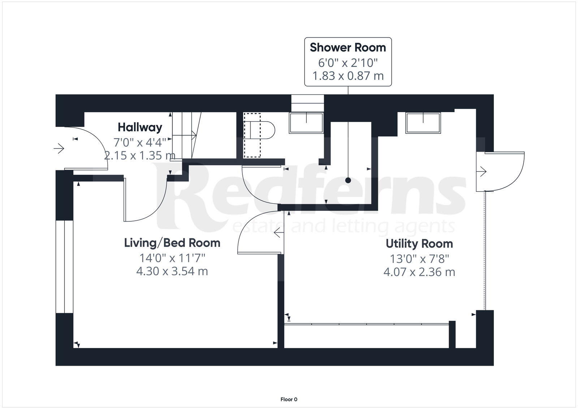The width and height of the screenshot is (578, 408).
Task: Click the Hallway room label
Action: [140, 127]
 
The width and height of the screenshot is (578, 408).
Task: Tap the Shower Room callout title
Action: [348, 47]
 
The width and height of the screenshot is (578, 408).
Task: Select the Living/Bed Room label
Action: [172, 242]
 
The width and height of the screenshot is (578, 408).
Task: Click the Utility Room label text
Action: [419, 243]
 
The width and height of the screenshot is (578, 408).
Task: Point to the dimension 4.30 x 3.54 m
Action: [172, 271]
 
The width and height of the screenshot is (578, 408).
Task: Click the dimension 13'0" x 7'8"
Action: [419, 259]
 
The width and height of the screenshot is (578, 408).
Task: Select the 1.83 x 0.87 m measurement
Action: [348, 76]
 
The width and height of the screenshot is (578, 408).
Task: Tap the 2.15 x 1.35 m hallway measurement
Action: [139, 156]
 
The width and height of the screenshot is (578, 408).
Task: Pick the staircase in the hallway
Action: [186, 135]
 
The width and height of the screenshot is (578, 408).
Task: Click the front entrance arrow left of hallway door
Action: [59, 148]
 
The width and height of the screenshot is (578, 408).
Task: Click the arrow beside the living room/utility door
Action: [279, 233]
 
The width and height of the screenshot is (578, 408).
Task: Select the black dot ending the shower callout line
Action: [348, 180]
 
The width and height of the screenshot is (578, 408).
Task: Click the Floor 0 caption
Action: [289, 399]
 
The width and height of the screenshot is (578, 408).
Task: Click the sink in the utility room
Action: [423, 123]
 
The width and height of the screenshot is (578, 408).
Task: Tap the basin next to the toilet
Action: [306, 123]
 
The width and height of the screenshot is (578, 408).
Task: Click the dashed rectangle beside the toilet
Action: [252, 135]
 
